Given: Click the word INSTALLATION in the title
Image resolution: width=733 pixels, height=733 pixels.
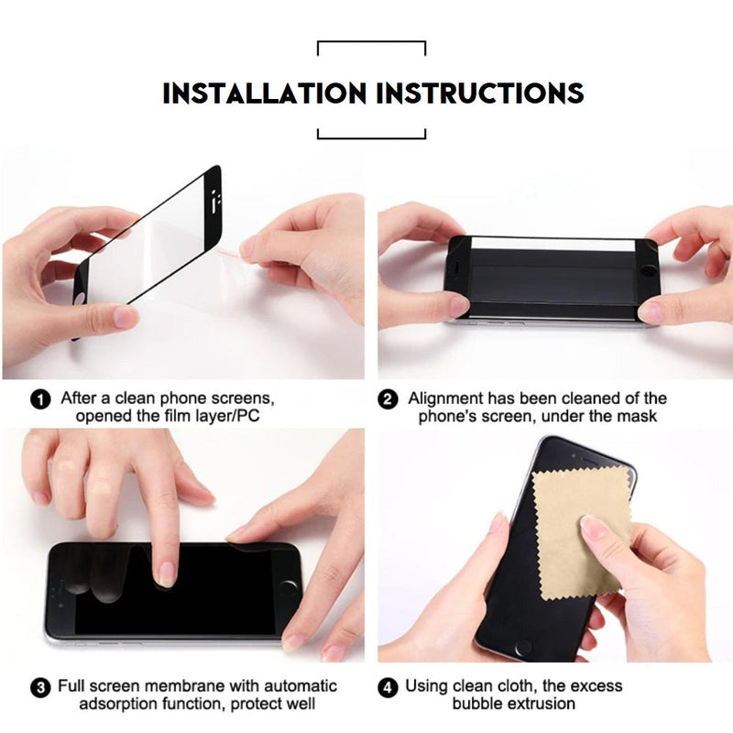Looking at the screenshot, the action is (264, 93).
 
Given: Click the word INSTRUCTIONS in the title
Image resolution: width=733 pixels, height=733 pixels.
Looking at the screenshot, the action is (480, 93).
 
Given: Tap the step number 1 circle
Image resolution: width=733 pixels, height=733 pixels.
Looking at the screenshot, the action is (40, 399).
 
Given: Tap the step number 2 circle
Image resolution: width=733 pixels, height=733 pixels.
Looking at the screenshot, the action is (388, 399).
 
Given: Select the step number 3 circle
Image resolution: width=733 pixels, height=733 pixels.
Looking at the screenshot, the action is (40, 688).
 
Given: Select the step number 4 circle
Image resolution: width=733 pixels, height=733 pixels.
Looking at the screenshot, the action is (388, 688).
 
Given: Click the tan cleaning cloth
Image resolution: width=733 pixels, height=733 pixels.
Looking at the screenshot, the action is (583, 533).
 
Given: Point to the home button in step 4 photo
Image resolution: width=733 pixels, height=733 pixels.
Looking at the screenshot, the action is (522, 649).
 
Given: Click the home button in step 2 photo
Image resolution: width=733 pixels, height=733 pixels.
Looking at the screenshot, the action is (648, 271).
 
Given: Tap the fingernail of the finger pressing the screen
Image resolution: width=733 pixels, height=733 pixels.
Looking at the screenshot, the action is (165, 574).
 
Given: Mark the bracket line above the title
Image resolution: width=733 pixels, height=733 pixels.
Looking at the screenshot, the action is (372, 43).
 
